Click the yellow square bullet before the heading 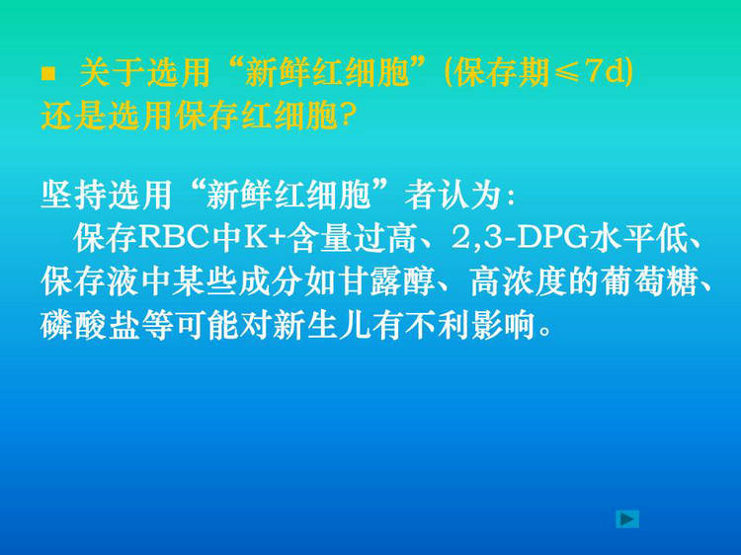point(48,74)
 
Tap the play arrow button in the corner point(627,519)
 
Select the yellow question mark point(348,116)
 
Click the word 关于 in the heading point(112,73)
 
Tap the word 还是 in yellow point(74,116)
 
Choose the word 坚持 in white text point(74,195)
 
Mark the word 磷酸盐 point(90,325)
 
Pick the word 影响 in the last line point(503,325)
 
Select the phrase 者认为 point(453,195)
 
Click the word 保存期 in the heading point(501,73)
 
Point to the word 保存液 point(90,281)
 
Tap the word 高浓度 point(519,281)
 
